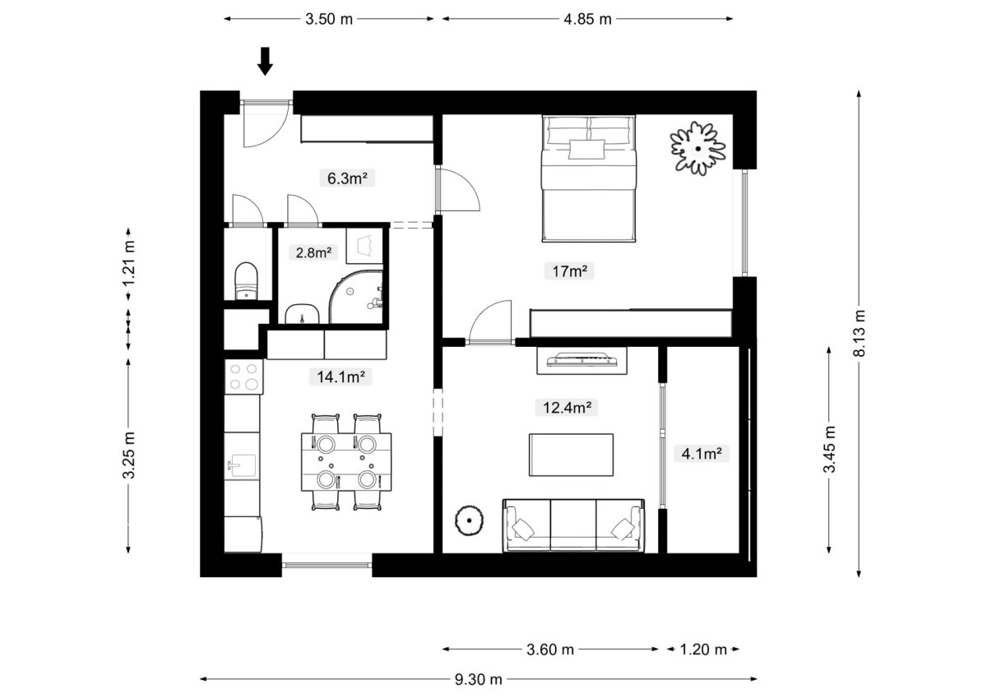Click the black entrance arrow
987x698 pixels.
265,61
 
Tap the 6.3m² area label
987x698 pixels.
347,178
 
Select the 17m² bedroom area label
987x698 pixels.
569,270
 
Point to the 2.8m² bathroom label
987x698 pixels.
313,252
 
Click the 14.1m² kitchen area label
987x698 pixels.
341,377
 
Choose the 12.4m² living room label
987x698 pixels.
567,407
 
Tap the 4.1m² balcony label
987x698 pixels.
702,453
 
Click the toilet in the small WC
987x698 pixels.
246,281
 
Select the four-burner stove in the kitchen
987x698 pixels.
244,377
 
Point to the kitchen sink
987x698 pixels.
241,465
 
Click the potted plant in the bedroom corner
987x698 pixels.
698,149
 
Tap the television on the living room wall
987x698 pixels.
582,359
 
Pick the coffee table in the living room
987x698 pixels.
571,455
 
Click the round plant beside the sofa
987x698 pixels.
470,520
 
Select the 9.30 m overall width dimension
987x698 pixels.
479,680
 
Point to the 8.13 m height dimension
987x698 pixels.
860,333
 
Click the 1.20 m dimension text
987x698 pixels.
703,649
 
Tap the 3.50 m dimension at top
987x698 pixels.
329,19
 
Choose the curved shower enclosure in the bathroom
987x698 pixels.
356,298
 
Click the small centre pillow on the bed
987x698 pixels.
586,150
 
